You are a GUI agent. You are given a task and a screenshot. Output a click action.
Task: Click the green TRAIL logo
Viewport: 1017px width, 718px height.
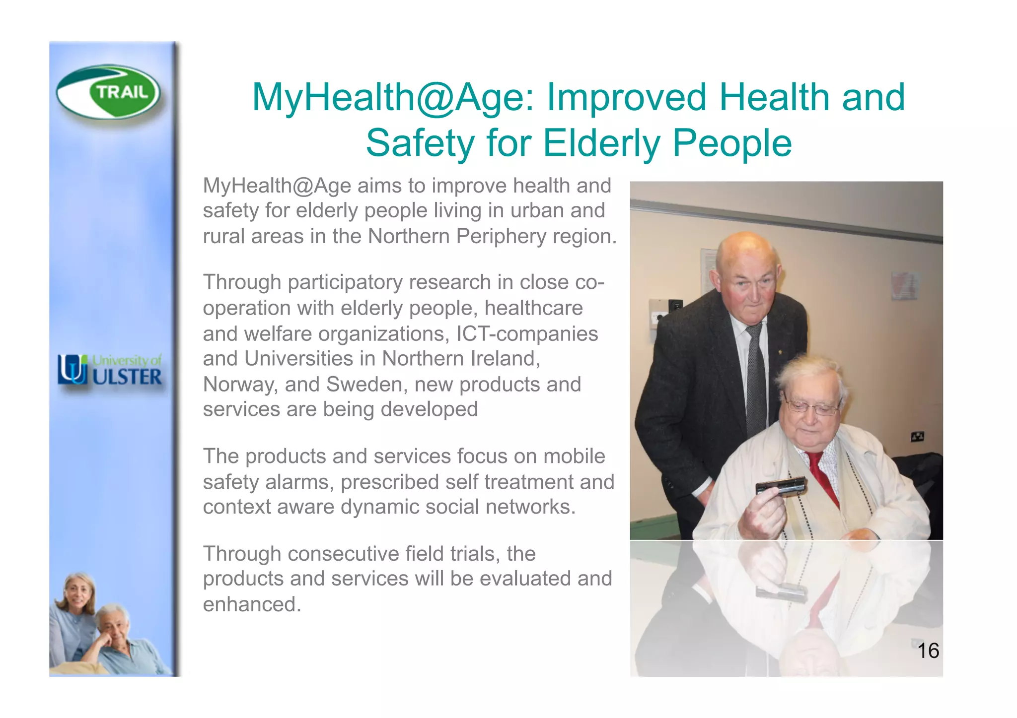tap(108, 92)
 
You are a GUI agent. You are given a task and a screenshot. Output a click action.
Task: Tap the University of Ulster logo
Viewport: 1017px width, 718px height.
tap(110, 370)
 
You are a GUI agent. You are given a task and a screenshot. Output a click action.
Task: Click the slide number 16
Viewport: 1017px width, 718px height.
tap(928, 651)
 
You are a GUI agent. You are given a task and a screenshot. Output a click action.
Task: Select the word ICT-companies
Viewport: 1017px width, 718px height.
tap(527, 334)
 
